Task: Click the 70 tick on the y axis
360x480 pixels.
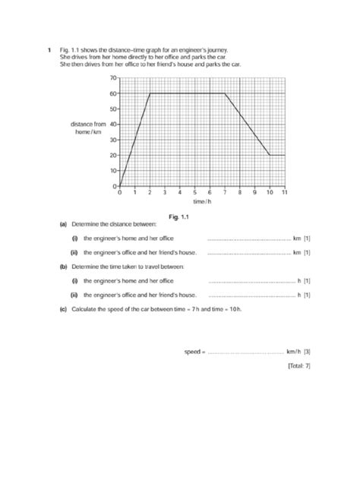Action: tap(114, 78)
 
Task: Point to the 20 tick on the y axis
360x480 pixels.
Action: tap(114, 155)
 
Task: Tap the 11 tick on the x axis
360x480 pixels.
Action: tap(284, 193)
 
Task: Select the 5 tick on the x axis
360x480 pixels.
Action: tap(194, 193)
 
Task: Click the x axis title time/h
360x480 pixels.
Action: tap(201, 202)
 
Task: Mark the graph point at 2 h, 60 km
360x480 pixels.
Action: tap(150, 93)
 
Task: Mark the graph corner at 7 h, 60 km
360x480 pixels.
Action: tap(225, 93)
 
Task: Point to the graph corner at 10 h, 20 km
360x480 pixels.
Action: tap(270, 155)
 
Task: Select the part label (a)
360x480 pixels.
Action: tap(62, 225)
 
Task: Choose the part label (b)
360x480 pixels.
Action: tap(62, 267)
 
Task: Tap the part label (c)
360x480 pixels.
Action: tap(62, 309)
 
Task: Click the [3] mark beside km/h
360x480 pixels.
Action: tap(307, 352)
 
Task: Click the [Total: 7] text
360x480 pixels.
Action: tap(298, 365)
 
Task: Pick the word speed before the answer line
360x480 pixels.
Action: tap(193, 352)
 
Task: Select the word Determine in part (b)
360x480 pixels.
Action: tap(85, 267)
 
